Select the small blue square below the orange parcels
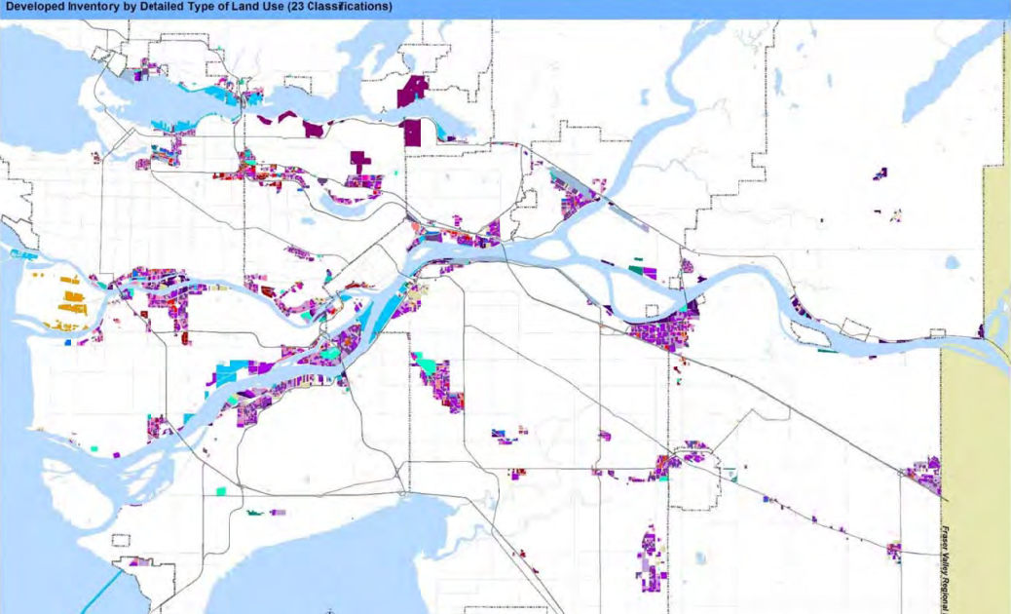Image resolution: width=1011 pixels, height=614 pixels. tap(68, 342)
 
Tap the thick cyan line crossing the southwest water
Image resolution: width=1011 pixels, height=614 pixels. tap(107, 584)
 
